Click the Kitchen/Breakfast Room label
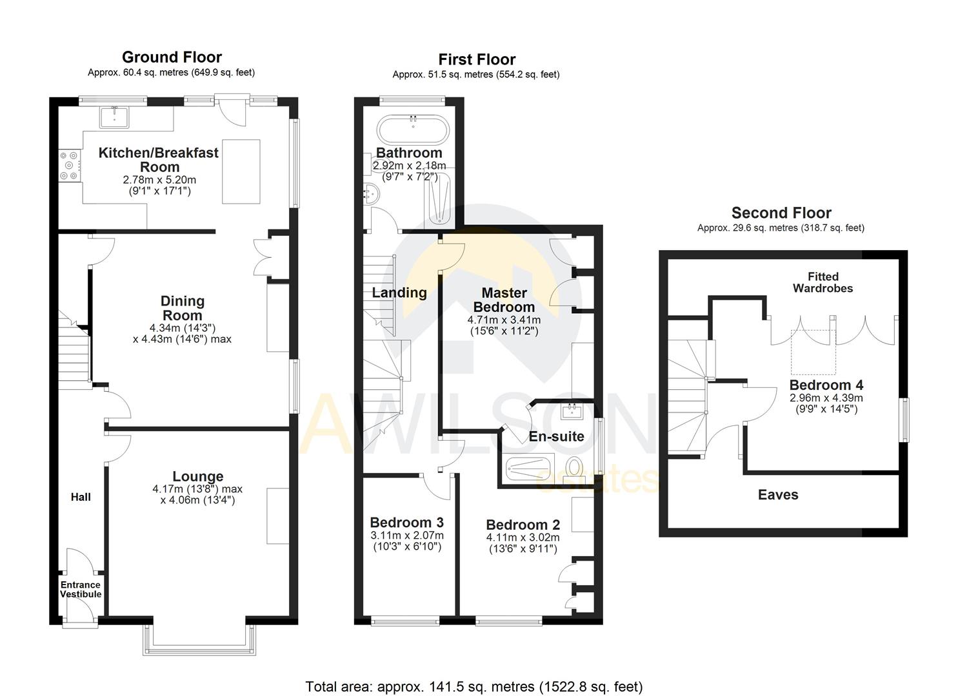[x=159, y=160]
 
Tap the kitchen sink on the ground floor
[x=114, y=116]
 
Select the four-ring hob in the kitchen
[x=69, y=165]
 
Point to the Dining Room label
[x=182, y=308]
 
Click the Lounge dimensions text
[x=197, y=494]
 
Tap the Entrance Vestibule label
[x=81, y=590]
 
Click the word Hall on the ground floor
[x=81, y=497]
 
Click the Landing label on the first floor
[x=399, y=293]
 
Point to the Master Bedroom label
[x=504, y=300]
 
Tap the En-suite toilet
[x=574, y=467]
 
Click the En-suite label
[x=556, y=436]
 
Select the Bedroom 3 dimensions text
[x=407, y=541]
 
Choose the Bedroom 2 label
[x=523, y=525]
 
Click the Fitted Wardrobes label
[x=823, y=282]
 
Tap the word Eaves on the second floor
[x=778, y=495]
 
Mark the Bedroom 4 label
[x=826, y=385]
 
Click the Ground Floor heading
[x=172, y=57]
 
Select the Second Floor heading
[x=781, y=213]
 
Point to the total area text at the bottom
[x=474, y=686]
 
